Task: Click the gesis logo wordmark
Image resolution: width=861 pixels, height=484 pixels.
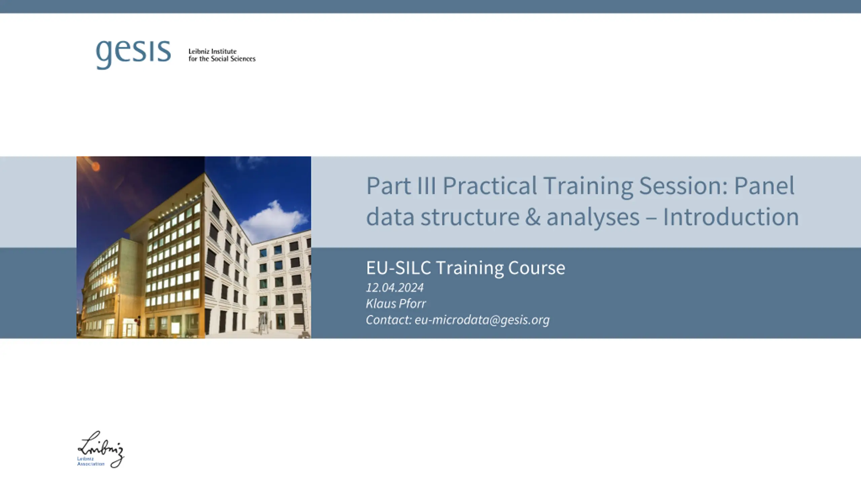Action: [134, 54]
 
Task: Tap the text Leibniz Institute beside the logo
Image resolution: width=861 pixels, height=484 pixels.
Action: [212, 51]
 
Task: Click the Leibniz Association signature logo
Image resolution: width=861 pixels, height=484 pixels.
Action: [101, 449]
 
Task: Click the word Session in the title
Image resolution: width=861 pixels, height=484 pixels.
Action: [683, 186]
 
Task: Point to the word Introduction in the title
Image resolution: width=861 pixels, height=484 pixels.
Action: [731, 217]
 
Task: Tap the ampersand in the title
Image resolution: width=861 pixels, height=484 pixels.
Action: [533, 217]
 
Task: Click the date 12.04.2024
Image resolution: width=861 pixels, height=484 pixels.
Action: [395, 288]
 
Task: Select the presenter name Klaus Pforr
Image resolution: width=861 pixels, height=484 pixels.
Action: [396, 304]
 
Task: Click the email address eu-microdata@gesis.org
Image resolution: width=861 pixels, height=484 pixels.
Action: [482, 320]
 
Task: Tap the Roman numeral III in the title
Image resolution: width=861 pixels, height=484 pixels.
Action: [426, 186]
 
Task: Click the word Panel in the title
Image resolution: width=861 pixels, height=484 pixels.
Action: [764, 186]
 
